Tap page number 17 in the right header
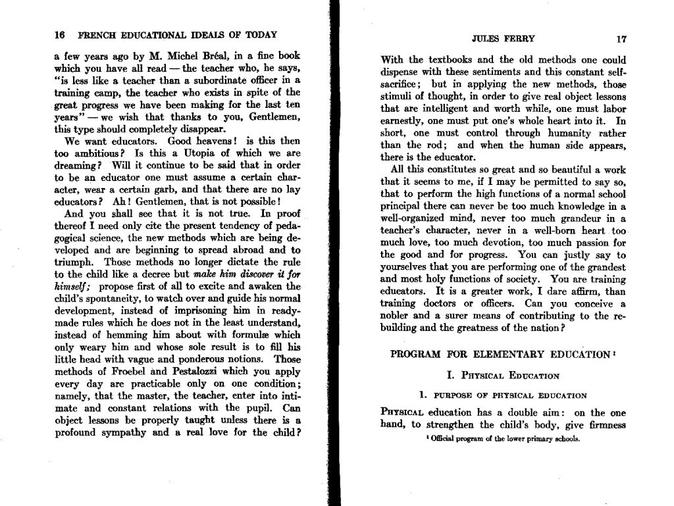pos(622,38)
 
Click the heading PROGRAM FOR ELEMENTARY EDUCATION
pos(501,354)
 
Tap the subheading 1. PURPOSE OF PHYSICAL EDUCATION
pos(503,395)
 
